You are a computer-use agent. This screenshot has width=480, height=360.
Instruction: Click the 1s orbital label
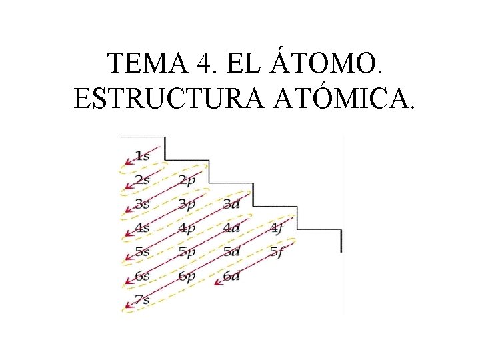click(x=142, y=155)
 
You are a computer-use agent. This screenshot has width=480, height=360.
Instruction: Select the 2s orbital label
click(x=142, y=179)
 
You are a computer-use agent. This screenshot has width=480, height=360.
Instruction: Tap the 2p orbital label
click(x=187, y=179)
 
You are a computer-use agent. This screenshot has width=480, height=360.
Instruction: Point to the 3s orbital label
click(x=142, y=204)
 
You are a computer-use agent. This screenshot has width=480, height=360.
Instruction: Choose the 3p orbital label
click(x=187, y=204)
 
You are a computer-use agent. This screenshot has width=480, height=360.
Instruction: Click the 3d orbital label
click(x=231, y=204)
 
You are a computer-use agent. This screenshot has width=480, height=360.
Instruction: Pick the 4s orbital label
click(x=142, y=228)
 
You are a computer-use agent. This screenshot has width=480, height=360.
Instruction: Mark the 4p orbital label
click(x=187, y=228)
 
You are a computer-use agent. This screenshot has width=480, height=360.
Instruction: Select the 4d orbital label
click(x=231, y=228)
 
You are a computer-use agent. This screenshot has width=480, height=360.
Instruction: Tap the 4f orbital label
click(x=277, y=228)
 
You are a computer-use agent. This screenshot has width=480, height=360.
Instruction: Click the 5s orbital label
click(x=142, y=252)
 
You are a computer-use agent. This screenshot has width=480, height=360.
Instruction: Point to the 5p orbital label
click(x=187, y=252)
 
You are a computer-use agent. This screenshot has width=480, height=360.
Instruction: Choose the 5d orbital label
click(x=231, y=252)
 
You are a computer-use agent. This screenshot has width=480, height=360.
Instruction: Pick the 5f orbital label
click(x=277, y=252)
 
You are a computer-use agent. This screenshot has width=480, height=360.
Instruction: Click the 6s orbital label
click(x=142, y=276)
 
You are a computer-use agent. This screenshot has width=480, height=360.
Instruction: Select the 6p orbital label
click(x=187, y=276)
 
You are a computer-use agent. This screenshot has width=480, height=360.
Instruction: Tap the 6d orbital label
click(x=231, y=276)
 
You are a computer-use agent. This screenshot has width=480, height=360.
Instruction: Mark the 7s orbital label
click(x=142, y=300)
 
